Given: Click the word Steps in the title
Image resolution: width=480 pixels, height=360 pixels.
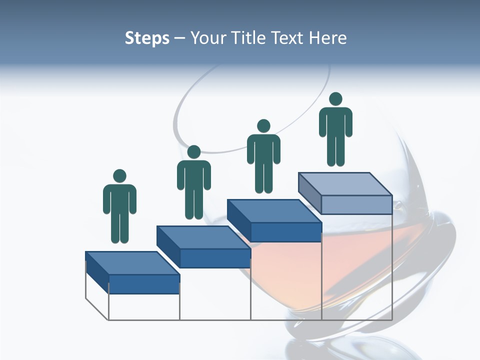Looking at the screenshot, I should [x=147, y=38].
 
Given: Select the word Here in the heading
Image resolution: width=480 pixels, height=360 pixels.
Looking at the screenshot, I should [x=328, y=38].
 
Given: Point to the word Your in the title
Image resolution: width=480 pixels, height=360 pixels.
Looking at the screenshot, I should [x=206, y=38].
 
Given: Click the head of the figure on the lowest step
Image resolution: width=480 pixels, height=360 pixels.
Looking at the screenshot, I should [x=119, y=176].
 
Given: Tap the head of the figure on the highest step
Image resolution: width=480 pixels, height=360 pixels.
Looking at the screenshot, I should [x=335, y=99].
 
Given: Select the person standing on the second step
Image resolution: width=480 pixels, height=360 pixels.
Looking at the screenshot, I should [x=194, y=182].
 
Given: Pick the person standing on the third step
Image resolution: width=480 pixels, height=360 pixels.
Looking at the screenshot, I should [x=263, y=156].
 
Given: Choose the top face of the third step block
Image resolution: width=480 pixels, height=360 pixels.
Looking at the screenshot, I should [x=274, y=211].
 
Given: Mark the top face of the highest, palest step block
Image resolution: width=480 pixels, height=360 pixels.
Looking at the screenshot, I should [x=345, y=184].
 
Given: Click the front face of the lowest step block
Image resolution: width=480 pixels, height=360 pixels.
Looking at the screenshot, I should [x=144, y=284].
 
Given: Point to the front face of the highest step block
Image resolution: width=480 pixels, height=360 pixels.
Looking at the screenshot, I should [x=356, y=204].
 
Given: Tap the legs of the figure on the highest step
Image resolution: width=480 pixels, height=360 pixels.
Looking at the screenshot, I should [x=335, y=150].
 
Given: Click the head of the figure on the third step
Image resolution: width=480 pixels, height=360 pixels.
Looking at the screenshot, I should [x=263, y=126].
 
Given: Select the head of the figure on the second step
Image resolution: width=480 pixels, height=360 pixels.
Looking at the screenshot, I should [x=194, y=152].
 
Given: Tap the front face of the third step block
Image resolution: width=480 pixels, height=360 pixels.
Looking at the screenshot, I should [x=285, y=232].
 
